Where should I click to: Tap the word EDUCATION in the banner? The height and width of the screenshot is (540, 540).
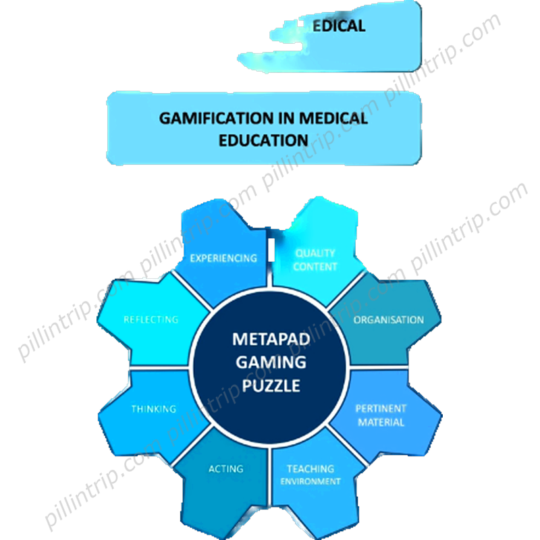pos(263,140)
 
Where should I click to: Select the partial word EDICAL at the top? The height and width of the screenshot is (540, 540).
pos(338,26)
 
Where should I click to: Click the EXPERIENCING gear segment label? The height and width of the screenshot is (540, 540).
pos(223,258)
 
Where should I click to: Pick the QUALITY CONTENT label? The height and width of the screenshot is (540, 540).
pos(315,260)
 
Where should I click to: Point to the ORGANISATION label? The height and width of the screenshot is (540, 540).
pos(389,320)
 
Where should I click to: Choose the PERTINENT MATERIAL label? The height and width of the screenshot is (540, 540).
pos(381,415)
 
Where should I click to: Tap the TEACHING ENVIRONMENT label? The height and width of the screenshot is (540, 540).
pos(310,475)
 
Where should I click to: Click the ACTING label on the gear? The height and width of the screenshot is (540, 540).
pos(225,469)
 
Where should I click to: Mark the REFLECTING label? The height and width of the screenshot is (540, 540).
pos(151,319)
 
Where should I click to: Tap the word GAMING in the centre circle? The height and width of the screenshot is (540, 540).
pos(270,362)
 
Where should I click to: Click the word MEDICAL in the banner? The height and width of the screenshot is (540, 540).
pos(331,118)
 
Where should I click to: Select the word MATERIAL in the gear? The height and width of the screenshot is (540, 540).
pos(381,423)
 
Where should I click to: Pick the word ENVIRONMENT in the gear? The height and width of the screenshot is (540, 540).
pos(310,481)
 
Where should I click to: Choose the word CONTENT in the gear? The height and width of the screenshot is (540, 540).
pos(315,267)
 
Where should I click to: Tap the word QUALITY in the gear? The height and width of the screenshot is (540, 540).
pos(315,253)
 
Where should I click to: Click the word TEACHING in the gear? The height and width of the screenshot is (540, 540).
pos(310,468)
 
